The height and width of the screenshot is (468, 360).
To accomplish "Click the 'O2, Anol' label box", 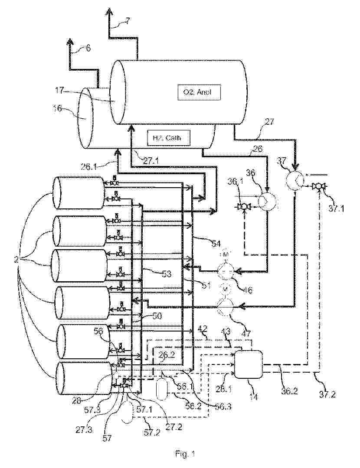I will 199,91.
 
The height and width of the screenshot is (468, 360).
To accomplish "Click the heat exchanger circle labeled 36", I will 266,200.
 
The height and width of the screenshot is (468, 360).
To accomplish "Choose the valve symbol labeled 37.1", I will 320,187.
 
